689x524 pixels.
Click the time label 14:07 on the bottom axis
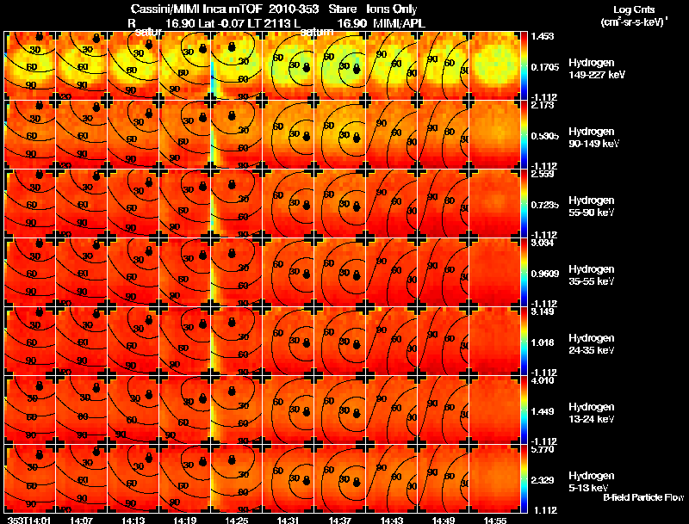pyautogui.click(x=81, y=520)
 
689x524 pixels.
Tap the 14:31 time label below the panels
pyautogui.click(x=288, y=520)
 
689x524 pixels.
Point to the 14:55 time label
pyautogui.click(x=494, y=520)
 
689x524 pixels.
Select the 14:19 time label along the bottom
pyautogui.click(x=184, y=520)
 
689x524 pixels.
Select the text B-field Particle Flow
pyautogui.click(x=642, y=497)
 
